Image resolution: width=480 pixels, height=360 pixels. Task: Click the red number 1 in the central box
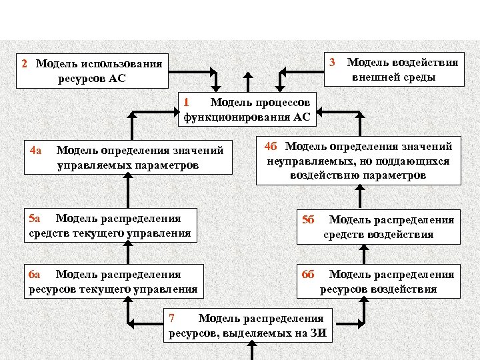[187, 103]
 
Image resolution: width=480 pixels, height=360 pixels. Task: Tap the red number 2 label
[25, 64]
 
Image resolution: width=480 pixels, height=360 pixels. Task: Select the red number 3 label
[332, 63]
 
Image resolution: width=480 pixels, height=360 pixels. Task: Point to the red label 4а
[35, 150]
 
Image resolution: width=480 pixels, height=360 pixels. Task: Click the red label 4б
[271, 146]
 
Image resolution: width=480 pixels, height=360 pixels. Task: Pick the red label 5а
[35, 218]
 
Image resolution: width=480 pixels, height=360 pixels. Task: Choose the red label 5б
[308, 219]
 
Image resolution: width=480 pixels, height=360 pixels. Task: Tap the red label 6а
[35, 274]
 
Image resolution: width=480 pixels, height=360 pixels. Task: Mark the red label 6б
[308, 274]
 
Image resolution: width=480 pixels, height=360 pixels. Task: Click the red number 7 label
[172, 318]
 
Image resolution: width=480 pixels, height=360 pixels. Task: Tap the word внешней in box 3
[375, 77]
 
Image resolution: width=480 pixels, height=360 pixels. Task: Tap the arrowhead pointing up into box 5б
[363, 247]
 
